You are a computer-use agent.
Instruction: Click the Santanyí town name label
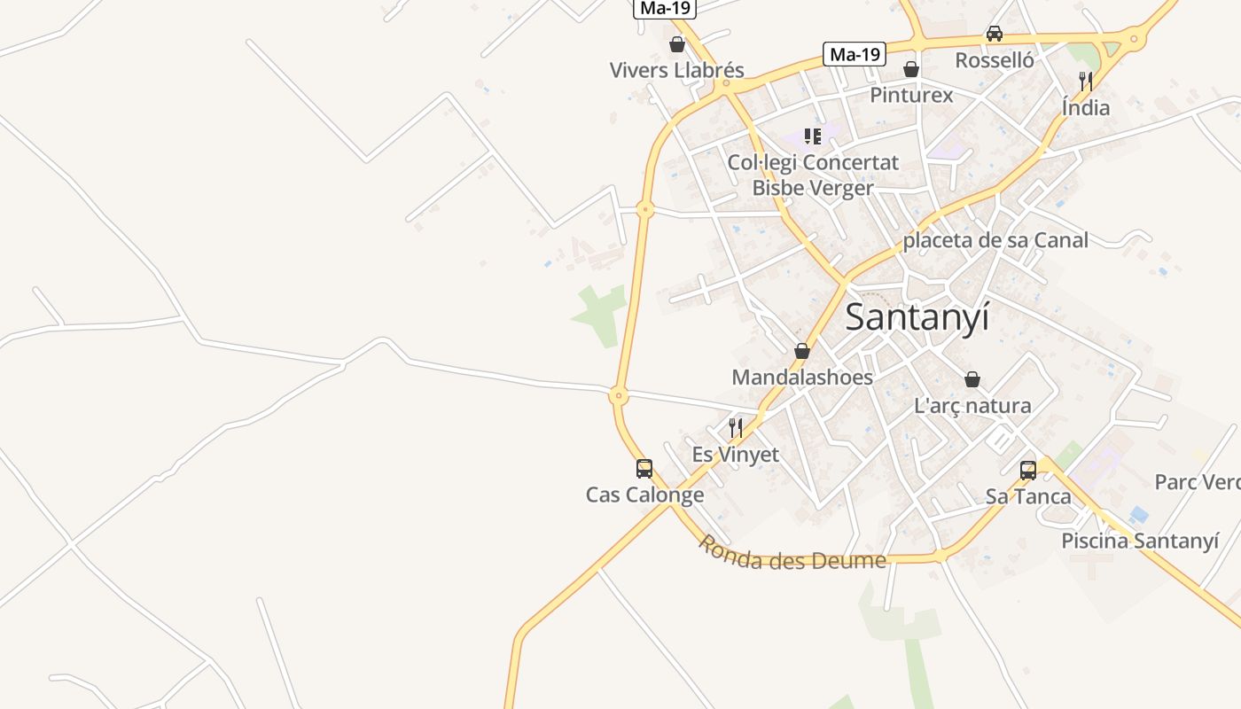point(917,317)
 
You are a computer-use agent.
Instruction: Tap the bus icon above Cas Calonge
point(644,469)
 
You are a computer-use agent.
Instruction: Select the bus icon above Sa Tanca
point(1028,471)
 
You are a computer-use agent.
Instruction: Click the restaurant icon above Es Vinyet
point(735,428)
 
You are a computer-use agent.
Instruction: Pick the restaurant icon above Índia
point(1086,82)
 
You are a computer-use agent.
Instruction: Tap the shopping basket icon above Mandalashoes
point(802,351)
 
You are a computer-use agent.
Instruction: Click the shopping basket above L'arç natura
point(972,379)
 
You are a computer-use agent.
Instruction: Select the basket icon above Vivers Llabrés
point(677,44)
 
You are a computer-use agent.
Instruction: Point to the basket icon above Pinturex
point(910,69)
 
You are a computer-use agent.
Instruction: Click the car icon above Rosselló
point(995,34)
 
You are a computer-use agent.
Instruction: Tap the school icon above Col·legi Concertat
point(813,136)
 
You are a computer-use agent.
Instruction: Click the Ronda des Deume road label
point(791,554)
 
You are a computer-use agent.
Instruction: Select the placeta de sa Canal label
point(995,240)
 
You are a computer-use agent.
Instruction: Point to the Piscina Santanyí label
point(1140,541)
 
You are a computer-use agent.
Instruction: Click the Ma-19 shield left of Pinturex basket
point(855,54)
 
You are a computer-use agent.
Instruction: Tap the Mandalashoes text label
point(802,377)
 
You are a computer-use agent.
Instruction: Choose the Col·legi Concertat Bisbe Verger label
point(813,175)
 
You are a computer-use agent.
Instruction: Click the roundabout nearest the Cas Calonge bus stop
point(619,396)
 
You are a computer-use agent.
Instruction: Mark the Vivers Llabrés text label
point(677,70)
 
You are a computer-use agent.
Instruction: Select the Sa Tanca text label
point(1028,496)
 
